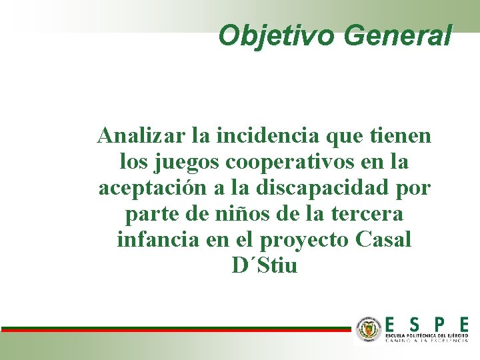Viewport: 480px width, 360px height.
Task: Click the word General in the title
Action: [x=398, y=35]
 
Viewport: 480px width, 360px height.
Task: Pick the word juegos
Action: [x=189, y=162]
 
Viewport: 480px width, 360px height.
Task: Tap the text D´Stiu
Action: [x=265, y=266]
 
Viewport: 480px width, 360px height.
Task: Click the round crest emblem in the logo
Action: [x=367, y=329]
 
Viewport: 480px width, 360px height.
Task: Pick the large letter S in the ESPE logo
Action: [x=414, y=324]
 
